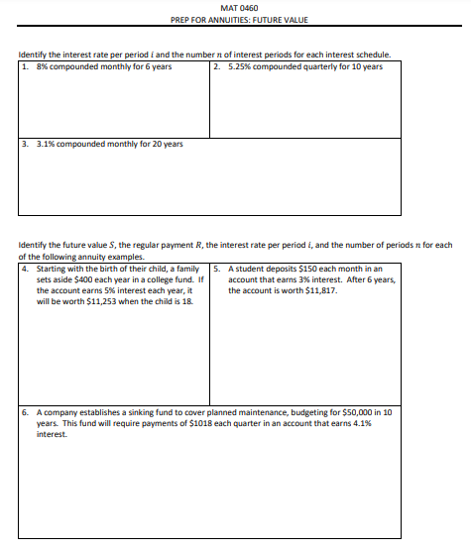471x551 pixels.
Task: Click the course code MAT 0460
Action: pyautogui.click(x=235, y=8)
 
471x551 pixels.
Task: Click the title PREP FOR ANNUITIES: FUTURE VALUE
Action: pyautogui.click(x=235, y=20)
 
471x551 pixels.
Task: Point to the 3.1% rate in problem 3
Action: pyautogui.click(x=45, y=144)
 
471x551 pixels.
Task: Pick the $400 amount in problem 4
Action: pyautogui.click(x=87, y=280)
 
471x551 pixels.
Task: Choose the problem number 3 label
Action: pyautogui.click(x=24, y=144)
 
